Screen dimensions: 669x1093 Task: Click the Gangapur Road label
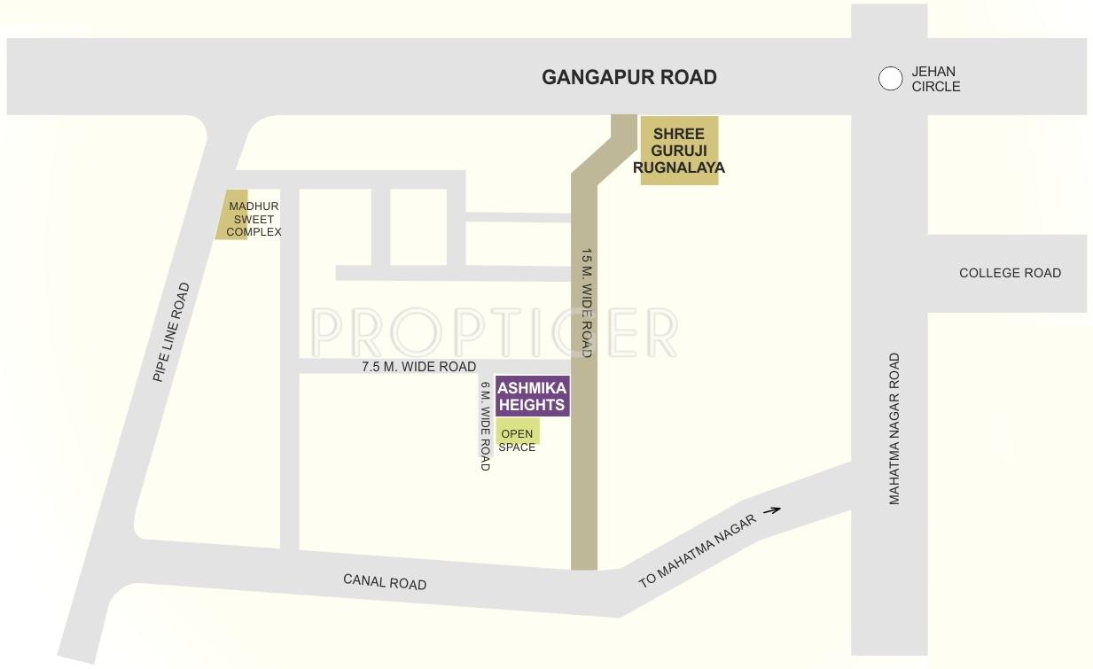(629, 77)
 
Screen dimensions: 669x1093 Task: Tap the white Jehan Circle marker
(890, 79)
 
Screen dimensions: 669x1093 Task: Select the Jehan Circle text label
(935, 79)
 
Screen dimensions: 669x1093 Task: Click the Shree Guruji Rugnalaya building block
(679, 151)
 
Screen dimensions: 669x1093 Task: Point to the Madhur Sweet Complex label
(254, 219)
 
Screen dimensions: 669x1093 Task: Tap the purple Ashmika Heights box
(532, 396)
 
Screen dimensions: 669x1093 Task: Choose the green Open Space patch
(518, 432)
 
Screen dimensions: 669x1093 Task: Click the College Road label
(1010, 273)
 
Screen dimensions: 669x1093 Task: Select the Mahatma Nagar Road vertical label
(894, 429)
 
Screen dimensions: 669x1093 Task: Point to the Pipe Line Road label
(171, 332)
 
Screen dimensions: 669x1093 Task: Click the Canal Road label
(385, 582)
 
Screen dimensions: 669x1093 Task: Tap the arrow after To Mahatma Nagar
(771, 510)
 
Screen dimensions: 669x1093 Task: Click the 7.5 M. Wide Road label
(418, 367)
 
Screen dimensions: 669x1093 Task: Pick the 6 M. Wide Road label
(485, 425)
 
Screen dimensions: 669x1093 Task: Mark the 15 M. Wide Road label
(586, 302)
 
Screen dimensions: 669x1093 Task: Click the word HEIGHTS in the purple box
(532, 405)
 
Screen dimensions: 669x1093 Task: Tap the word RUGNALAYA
(679, 167)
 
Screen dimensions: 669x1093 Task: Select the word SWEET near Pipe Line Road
(254, 219)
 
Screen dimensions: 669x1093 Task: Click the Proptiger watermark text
(494, 332)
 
